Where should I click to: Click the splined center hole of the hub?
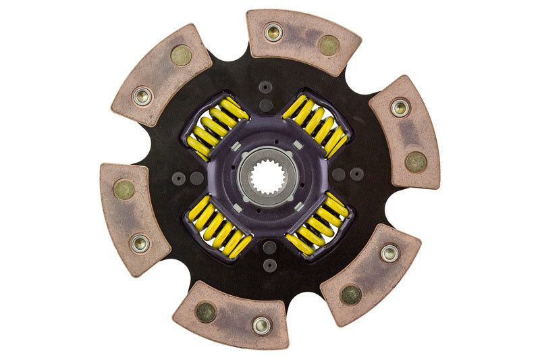269,178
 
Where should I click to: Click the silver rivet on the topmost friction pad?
273,32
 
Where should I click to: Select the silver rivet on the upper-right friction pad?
400,107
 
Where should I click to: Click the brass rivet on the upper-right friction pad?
416,161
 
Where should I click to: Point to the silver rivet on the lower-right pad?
389,253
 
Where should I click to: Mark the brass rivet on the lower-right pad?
350,294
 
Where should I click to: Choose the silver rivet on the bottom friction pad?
261,325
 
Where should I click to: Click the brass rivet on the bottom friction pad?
205,311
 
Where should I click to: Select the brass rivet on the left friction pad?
124,189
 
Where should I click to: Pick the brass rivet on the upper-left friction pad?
181,55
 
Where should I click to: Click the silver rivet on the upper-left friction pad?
142,97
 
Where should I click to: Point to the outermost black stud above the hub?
266,87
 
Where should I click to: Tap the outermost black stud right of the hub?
356,174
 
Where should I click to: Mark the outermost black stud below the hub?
269,265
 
